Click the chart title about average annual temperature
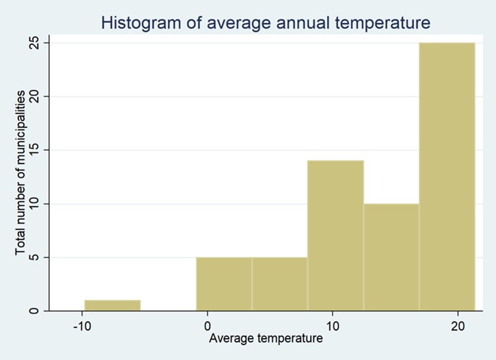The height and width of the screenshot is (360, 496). point(265,23)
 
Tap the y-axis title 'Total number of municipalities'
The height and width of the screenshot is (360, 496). point(21,173)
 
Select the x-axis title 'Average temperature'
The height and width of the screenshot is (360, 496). point(266,339)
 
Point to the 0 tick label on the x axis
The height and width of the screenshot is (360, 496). point(207,326)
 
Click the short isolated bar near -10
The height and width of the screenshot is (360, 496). point(112,305)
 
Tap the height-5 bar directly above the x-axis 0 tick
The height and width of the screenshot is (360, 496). point(224,284)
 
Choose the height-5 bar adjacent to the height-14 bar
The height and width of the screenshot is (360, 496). point(279,284)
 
